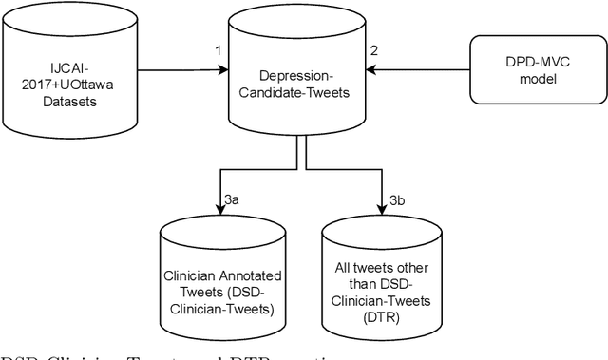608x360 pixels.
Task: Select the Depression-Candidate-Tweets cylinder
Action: pyautogui.click(x=295, y=76)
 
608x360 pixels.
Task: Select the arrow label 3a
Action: pyautogui.click(x=233, y=199)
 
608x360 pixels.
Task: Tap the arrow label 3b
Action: pyautogui.click(x=396, y=199)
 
